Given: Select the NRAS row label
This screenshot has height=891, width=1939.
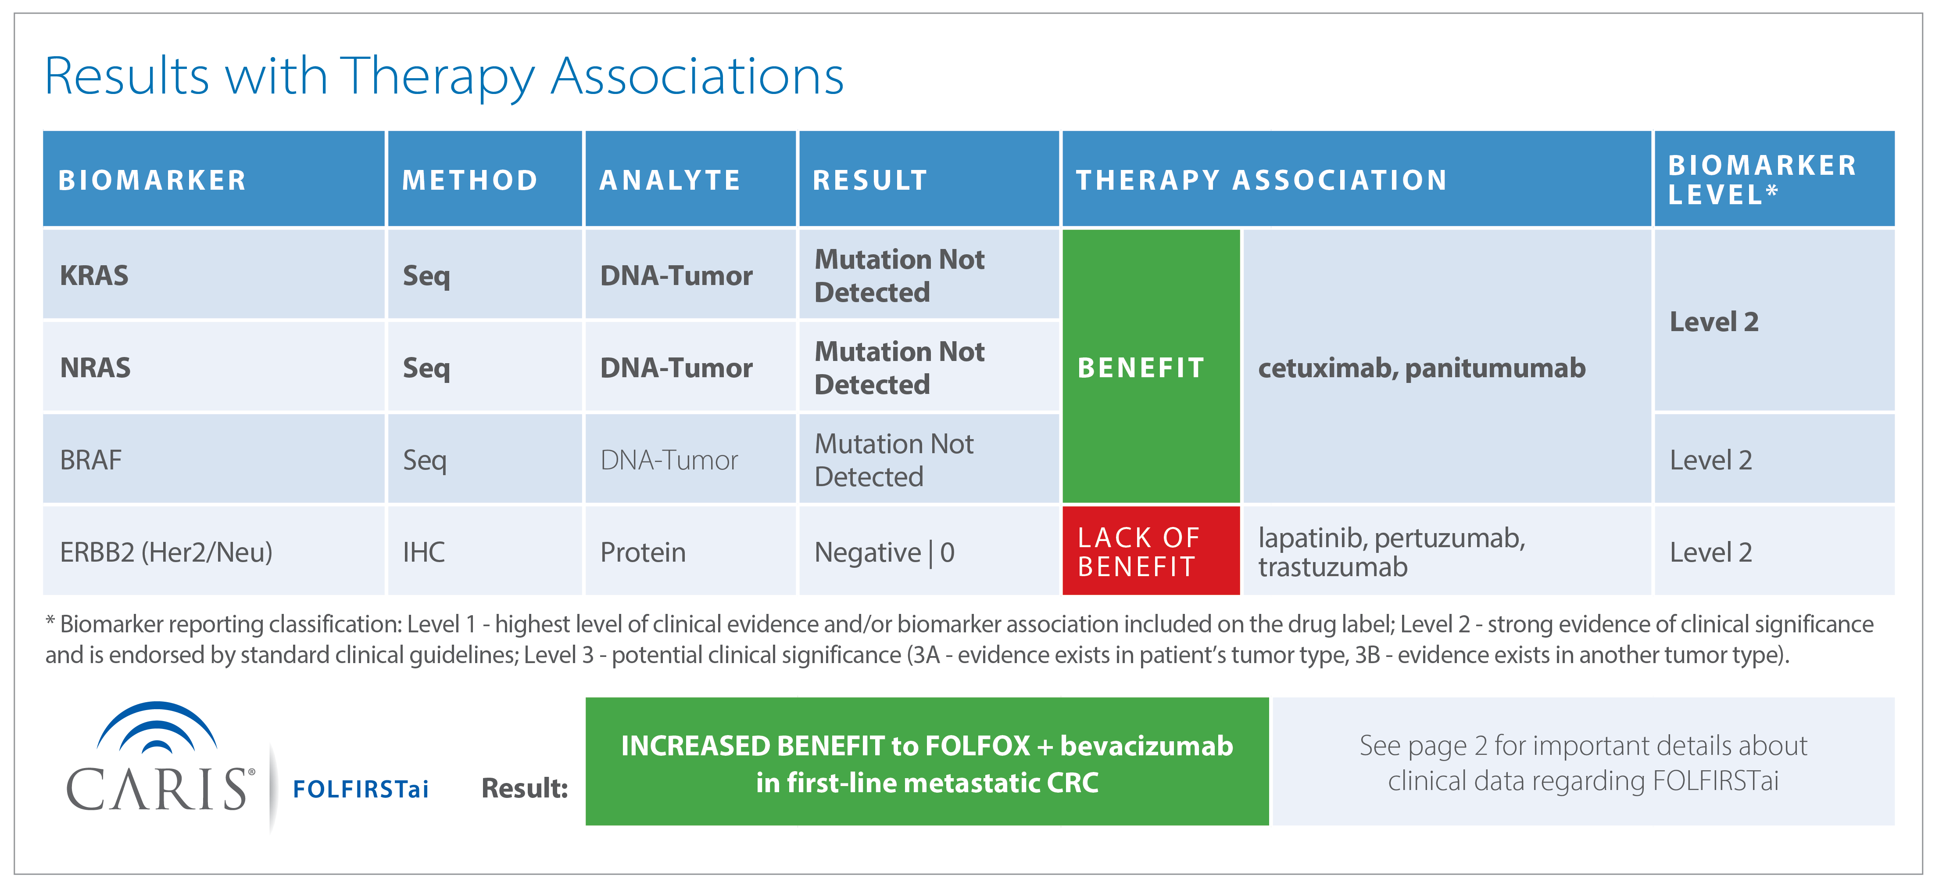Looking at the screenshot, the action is click(x=96, y=368).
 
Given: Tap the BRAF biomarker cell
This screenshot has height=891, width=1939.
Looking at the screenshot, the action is click(x=214, y=459).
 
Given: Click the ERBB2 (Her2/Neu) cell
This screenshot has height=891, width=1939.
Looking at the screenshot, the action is click(x=214, y=551).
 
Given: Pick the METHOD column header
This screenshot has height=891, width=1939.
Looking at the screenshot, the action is click(x=485, y=179).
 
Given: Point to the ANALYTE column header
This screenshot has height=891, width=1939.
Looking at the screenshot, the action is click(x=690, y=179).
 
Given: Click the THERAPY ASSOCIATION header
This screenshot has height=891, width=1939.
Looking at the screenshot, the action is click(x=1356, y=179).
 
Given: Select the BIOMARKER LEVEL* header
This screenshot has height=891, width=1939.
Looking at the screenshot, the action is click(x=1774, y=179).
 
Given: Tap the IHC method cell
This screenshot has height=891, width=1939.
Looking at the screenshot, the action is click(x=485, y=551).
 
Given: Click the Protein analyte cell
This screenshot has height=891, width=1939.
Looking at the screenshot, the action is click(x=690, y=551).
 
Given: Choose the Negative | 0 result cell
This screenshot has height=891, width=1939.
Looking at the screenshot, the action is click(x=929, y=551).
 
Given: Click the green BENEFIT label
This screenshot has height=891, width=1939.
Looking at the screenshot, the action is click(x=1141, y=368).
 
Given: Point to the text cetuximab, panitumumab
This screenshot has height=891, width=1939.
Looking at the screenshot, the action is click(x=1422, y=368).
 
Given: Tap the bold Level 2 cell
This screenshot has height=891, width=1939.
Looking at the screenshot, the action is click(x=1774, y=321).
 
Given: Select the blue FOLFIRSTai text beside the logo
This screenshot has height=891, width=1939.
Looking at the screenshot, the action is click(x=361, y=789).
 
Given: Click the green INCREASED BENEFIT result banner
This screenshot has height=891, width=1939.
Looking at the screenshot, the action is click(x=927, y=761).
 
